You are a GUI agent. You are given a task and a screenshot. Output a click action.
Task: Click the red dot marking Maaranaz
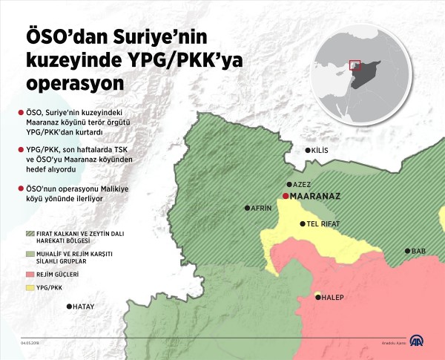(286, 196)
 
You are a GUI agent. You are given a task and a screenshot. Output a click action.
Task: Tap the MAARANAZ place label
(314, 197)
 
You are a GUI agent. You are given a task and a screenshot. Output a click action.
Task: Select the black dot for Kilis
(309, 151)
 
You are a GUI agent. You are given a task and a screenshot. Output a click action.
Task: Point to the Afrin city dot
(247, 209)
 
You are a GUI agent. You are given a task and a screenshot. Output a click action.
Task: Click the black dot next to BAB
(407, 251)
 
